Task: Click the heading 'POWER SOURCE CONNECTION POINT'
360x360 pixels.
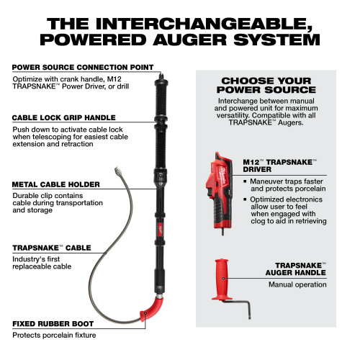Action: pyautogui.click(x=81, y=67)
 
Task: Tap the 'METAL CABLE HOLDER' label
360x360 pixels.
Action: pyautogui.click(x=55, y=185)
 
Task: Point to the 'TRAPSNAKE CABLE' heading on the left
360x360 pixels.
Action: pyautogui.click(x=51, y=248)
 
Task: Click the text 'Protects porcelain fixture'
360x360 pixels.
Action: pyautogui.click(x=54, y=334)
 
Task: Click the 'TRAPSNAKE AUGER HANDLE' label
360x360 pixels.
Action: pyautogui.click(x=296, y=269)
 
